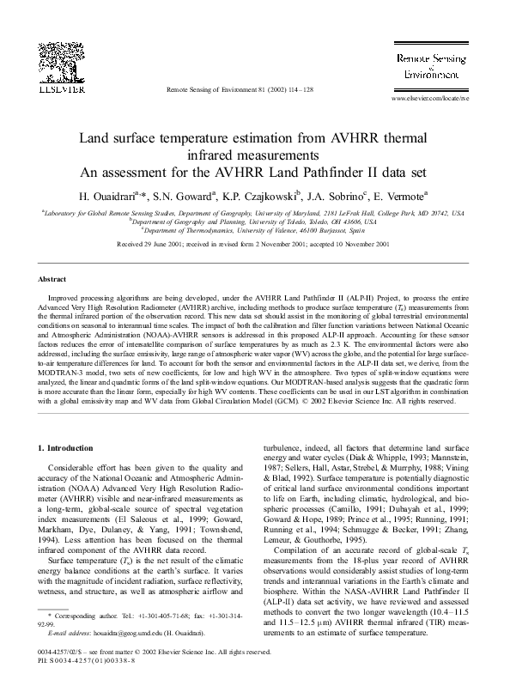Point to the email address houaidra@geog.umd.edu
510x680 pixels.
[x=118, y=632]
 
